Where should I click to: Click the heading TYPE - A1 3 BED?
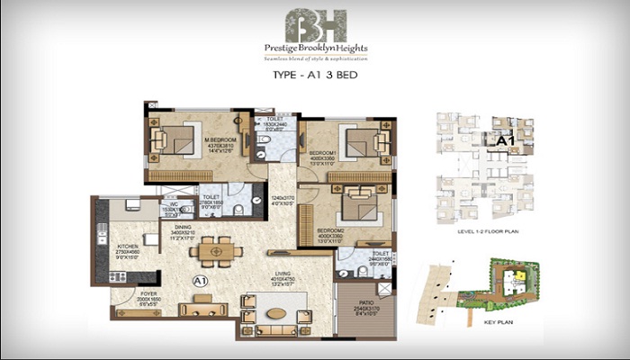point(314,78)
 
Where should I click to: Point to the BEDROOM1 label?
point(324,153)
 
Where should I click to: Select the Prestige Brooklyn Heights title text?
point(314,48)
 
